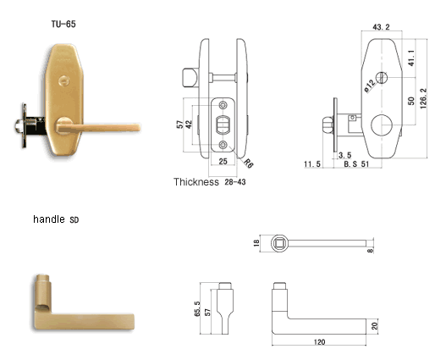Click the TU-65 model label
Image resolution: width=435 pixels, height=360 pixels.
tap(63, 24)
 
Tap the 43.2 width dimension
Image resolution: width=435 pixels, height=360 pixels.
tap(381, 27)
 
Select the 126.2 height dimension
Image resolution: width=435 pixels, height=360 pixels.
tap(423, 98)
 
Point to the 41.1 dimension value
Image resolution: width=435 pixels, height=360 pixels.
tap(411, 58)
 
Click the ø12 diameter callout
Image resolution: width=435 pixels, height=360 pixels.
tap(370, 86)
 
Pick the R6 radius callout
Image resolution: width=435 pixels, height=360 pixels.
tap(248, 163)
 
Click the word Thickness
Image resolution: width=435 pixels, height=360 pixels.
tap(196, 182)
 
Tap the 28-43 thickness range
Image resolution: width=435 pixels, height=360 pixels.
tap(235, 182)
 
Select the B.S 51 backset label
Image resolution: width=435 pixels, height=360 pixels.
tap(356, 164)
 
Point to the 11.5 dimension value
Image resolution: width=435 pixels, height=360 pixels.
tap(312, 164)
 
